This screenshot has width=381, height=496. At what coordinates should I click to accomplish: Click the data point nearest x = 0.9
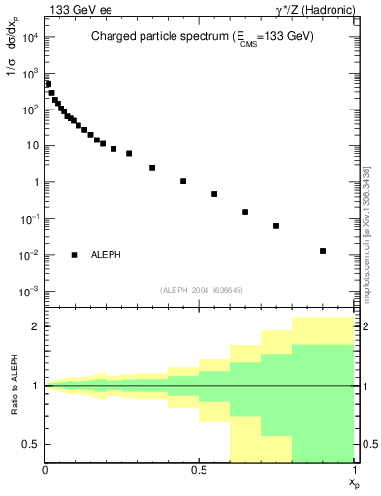point(323,251)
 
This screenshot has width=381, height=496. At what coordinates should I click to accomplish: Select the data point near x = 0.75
point(276,226)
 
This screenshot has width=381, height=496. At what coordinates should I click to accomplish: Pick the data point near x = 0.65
point(245,212)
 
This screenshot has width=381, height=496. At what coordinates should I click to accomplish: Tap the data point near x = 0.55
point(214,194)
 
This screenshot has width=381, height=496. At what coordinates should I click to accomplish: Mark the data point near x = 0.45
point(183,181)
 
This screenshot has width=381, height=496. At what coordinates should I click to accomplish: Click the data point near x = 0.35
point(152,168)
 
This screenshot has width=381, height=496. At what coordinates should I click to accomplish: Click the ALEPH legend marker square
point(75,255)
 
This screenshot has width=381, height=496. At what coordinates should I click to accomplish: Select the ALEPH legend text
point(107,255)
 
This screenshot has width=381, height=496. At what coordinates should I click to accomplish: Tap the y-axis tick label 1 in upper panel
point(35,182)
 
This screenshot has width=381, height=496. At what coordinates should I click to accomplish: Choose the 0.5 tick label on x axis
point(199,470)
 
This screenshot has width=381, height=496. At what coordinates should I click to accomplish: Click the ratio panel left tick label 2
point(35,327)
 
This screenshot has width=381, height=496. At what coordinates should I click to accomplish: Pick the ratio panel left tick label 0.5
point(30,444)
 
